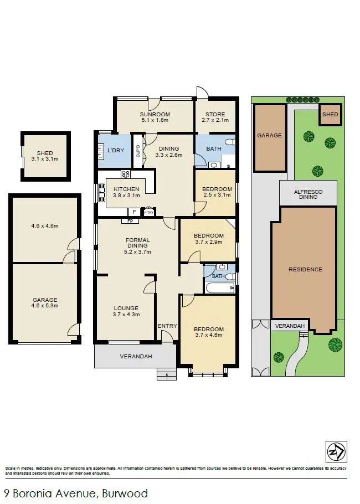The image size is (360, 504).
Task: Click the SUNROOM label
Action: point(155,114)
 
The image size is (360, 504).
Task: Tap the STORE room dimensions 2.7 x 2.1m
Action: point(215,120)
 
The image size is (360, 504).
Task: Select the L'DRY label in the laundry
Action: point(115,151)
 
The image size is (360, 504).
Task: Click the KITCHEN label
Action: point(126,189)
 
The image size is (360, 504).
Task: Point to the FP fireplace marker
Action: point(131,221)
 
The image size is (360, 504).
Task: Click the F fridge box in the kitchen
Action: point(133,212)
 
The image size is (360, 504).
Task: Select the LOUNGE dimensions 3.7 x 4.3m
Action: point(126,315)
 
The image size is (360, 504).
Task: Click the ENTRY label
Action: point(167,326)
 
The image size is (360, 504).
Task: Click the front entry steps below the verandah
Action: point(166,375)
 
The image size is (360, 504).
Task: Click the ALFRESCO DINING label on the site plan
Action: point(308,193)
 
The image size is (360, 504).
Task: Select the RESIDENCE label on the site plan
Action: point(305,270)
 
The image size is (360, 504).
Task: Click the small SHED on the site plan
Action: point(330,115)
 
